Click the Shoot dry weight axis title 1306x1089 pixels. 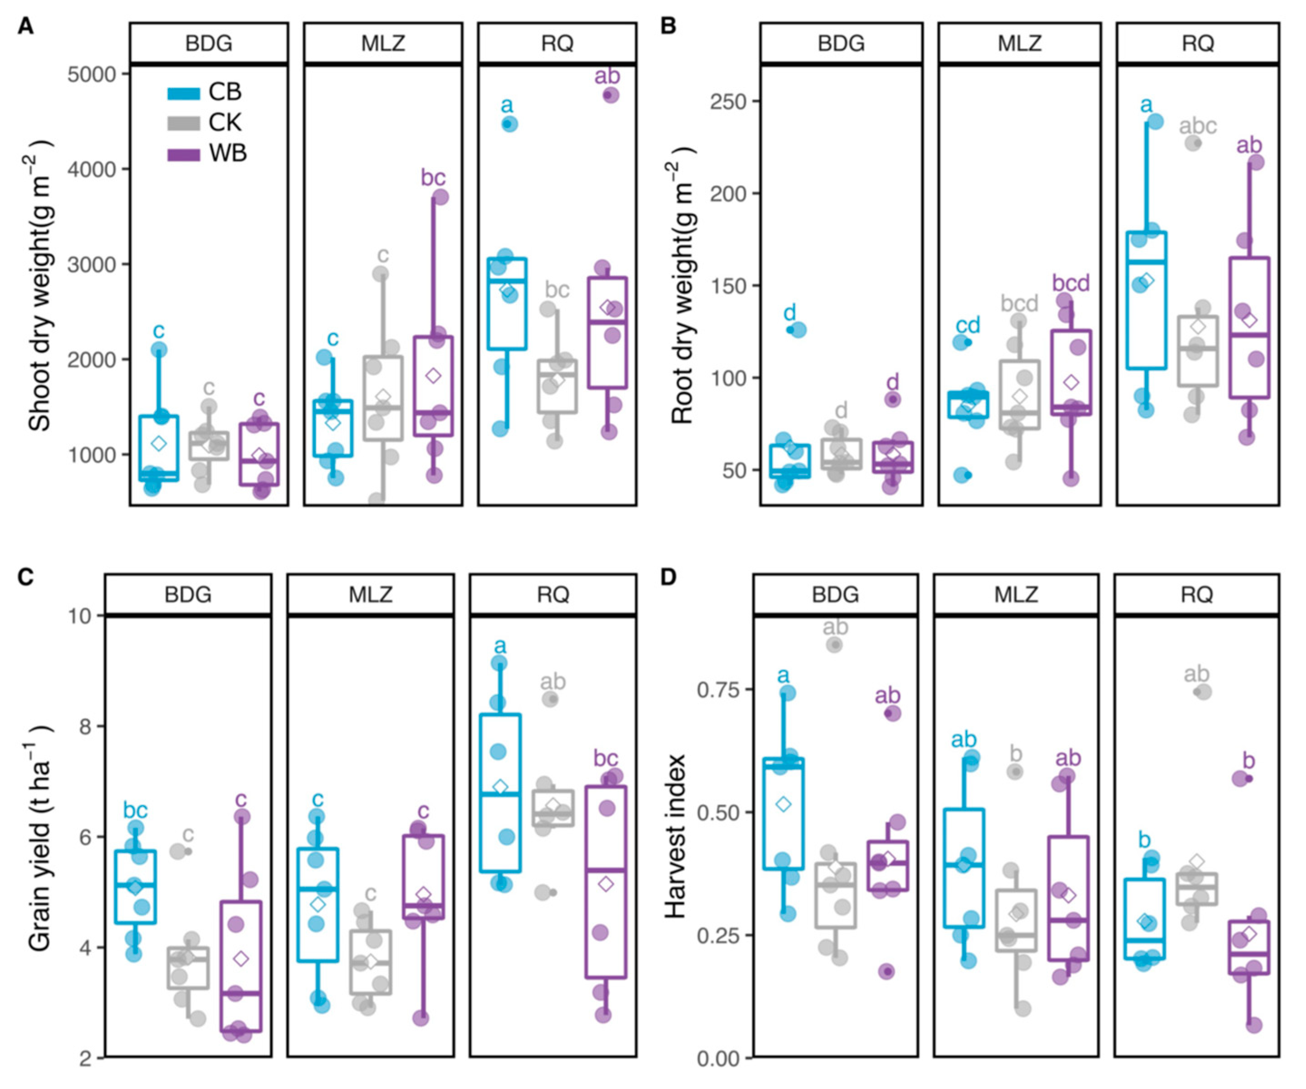pos(40,286)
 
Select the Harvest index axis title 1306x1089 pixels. pos(675,837)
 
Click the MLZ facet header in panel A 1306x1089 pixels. pos(383,44)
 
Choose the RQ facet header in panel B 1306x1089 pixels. pos(1197,44)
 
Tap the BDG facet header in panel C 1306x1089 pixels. pos(188,594)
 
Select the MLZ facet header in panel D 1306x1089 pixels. pos(1016,594)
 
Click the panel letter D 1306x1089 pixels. pos(668,577)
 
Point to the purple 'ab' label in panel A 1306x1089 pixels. pos(607,77)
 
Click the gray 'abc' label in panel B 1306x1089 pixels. pos(1197,126)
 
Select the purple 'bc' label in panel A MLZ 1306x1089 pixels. pos(433,178)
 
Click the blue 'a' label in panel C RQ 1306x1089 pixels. pos(499,646)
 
